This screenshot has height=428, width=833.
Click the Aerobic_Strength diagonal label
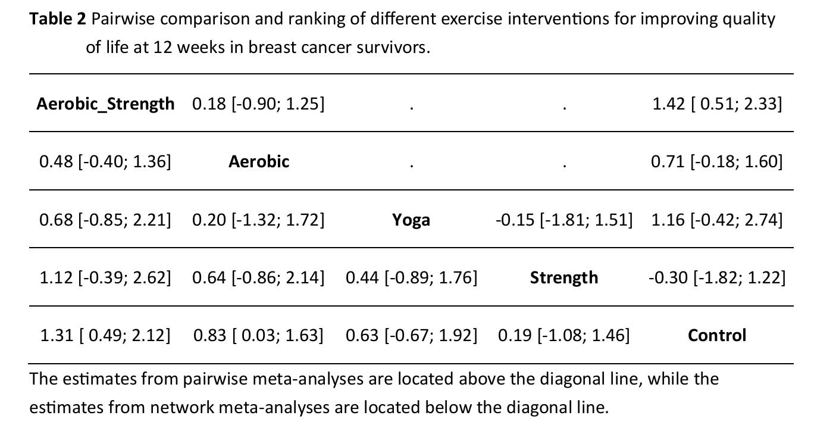105,104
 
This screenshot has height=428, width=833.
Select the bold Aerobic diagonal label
259,161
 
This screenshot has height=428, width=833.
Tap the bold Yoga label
411,220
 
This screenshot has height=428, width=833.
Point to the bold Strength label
564,277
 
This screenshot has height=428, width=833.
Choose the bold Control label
717,336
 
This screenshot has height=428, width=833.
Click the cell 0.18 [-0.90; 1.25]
258,104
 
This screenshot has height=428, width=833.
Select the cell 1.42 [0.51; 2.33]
717,104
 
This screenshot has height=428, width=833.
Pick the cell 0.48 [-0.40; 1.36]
105,161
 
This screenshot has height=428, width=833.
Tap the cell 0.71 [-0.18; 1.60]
717,161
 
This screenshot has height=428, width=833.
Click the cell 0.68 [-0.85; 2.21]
105,220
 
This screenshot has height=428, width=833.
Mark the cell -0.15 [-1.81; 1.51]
564,220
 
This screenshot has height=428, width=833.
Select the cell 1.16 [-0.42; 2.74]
717,220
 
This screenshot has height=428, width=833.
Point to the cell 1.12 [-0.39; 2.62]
105,277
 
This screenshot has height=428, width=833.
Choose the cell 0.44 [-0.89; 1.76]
411,277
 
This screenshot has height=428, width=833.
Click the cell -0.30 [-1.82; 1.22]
717,277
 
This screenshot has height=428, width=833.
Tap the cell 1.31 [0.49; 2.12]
105,336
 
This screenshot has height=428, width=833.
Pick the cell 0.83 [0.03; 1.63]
258,336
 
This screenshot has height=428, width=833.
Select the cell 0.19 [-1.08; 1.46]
564,336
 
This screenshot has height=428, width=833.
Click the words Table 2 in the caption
58,20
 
